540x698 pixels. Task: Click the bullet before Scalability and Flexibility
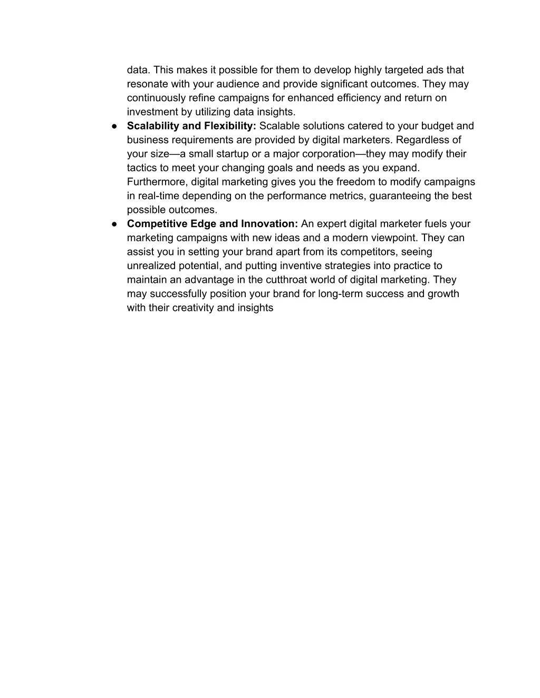114,126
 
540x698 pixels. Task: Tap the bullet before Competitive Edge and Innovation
114,224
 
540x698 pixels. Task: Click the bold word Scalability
153,126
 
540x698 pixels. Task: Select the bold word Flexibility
230,126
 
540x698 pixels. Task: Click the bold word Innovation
269,224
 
